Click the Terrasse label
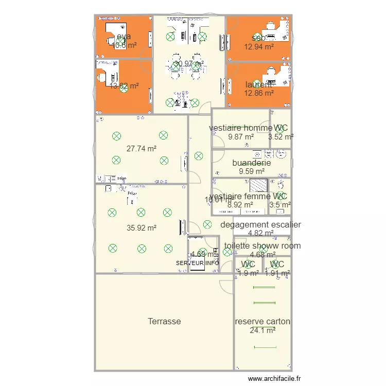(164, 321)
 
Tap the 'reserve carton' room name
(262, 322)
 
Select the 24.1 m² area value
(262, 330)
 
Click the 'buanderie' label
(252, 163)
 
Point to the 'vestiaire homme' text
(240, 128)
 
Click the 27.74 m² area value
(141, 149)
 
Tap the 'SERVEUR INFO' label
(198, 263)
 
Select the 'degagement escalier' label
(260, 224)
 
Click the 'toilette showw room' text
(262, 246)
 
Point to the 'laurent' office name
(259, 85)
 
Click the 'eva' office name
(124, 37)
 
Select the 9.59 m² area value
(252, 171)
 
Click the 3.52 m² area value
(281, 137)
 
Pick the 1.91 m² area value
(277, 273)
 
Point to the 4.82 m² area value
(260, 233)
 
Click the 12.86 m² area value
(259, 93)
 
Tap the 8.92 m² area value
(240, 204)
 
